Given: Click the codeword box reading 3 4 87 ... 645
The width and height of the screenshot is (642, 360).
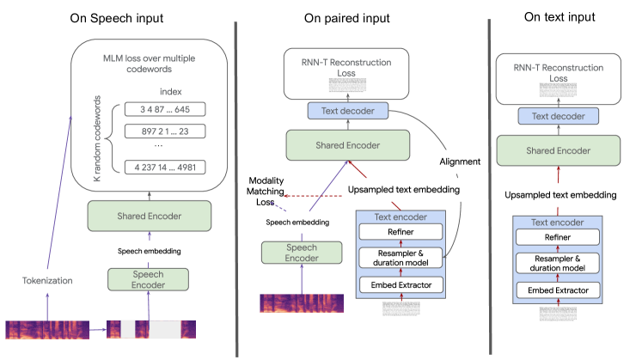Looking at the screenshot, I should [x=165, y=109].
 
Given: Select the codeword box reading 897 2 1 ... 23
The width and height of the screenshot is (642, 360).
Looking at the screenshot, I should [x=165, y=131].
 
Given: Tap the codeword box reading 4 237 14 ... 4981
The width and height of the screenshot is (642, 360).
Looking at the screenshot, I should [x=165, y=165].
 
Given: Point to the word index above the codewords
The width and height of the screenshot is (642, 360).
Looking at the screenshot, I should [x=171, y=92].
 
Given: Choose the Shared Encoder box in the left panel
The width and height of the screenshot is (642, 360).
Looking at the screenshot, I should [x=149, y=216].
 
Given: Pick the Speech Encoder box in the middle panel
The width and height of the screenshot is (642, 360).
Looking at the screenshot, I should [x=302, y=253].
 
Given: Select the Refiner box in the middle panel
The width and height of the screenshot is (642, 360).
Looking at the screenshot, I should [x=400, y=231].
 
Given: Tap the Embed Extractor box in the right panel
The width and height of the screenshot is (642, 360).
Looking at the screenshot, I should [x=558, y=290].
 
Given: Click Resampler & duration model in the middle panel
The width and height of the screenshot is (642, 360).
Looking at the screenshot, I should [x=400, y=257].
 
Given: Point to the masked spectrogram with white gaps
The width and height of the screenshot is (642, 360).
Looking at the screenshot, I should [x=151, y=329].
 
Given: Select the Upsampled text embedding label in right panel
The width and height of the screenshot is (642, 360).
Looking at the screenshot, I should [x=559, y=195].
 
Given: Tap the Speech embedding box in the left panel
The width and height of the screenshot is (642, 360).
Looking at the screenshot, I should [x=149, y=252].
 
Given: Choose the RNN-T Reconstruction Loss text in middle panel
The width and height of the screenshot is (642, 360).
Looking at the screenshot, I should [x=349, y=68].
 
